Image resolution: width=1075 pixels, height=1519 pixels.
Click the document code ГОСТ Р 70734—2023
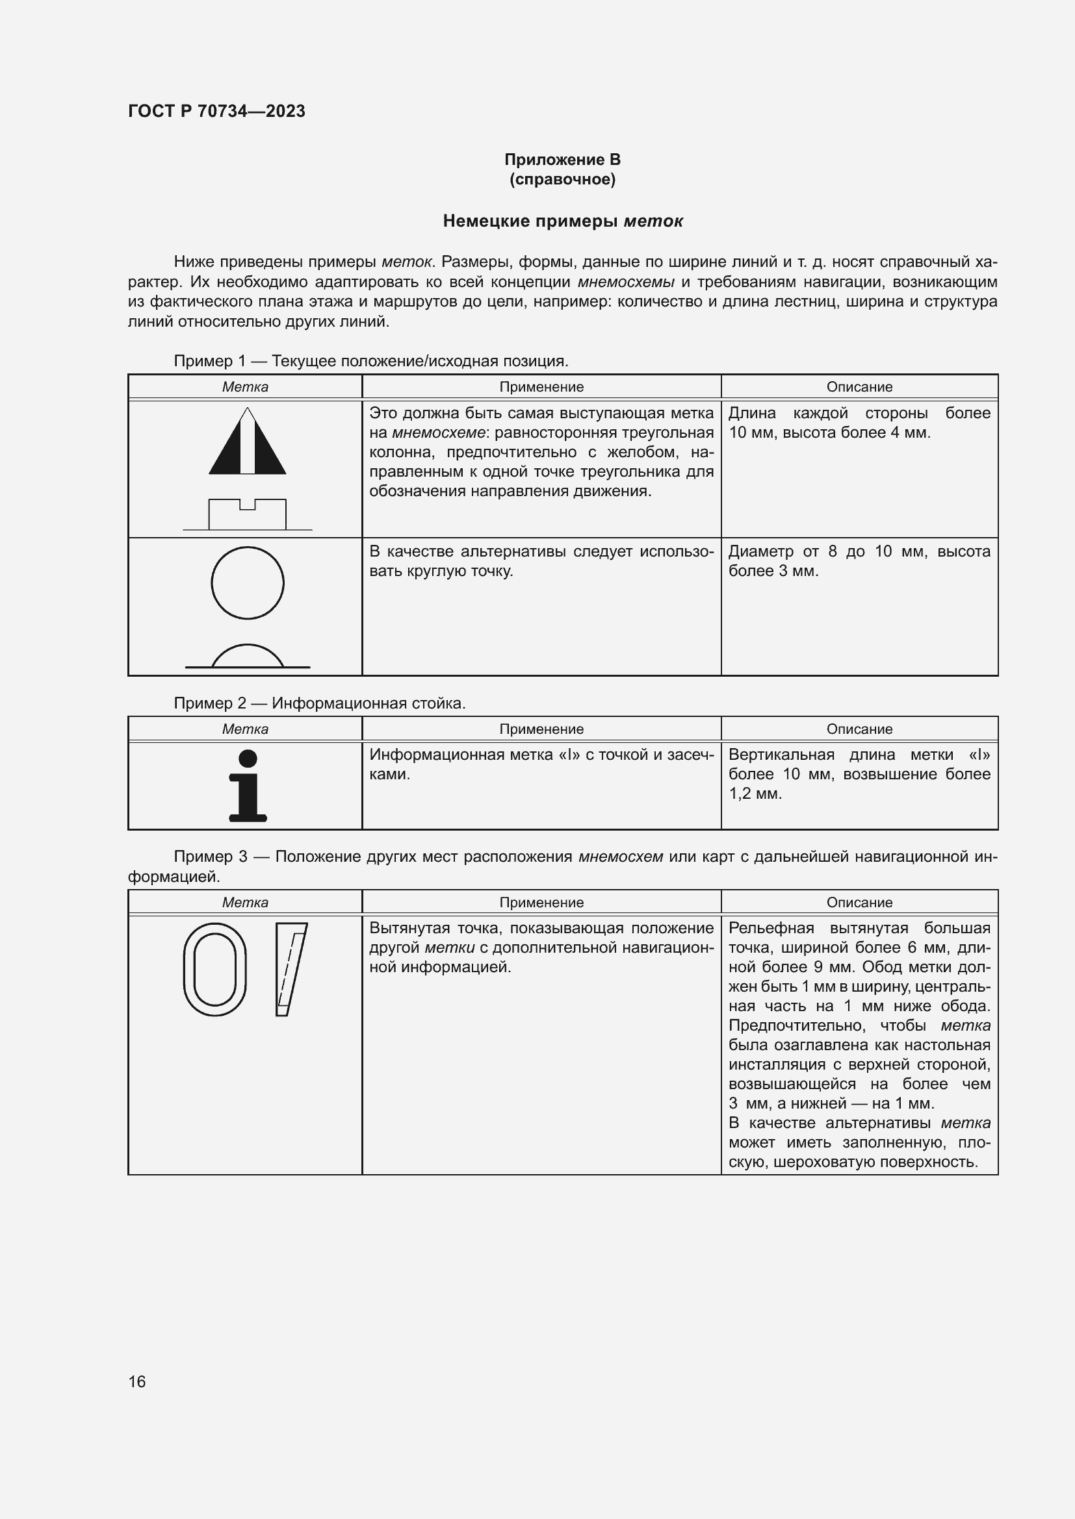click(x=216, y=111)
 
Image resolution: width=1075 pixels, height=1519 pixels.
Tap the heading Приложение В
click(x=562, y=160)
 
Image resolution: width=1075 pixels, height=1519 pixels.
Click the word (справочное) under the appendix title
click(x=562, y=179)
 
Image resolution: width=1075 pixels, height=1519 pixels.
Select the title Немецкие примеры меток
click(x=562, y=221)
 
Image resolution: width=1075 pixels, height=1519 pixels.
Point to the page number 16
click(x=137, y=1381)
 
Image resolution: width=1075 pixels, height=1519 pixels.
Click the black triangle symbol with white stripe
click(x=248, y=442)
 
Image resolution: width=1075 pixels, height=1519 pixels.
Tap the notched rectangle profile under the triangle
click(x=248, y=515)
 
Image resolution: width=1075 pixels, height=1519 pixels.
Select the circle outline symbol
click(x=248, y=583)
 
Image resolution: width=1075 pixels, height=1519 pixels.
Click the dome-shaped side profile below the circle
click(x=248, y=657)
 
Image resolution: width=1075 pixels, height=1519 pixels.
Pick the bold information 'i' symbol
click(x=248, y=786)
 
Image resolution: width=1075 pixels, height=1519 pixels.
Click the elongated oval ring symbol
click(x=214, y=969)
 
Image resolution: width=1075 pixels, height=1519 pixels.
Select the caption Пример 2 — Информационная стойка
click(x=320, y=703)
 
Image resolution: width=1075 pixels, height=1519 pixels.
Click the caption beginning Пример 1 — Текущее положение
click(x=370, y=361)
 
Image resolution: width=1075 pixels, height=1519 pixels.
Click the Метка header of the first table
click(x=245, y=387)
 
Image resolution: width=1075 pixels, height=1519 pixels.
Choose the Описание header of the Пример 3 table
click(x=859, y=903)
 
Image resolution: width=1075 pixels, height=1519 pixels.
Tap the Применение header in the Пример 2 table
click(x=541, y=729)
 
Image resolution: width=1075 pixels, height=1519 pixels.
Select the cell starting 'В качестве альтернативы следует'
click(x=541, y=561)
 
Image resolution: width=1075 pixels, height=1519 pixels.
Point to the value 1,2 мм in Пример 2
click(x=755, y=794)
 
